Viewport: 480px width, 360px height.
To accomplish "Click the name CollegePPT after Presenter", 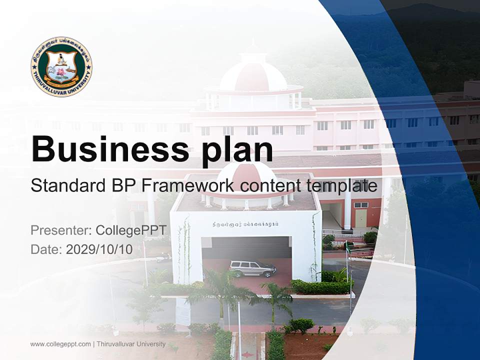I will (x=130, y=230).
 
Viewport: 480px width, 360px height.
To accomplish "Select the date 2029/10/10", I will (x=99, y=249).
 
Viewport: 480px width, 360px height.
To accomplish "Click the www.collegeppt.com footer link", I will (x=60, y=344).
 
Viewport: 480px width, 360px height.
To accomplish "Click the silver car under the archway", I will (x=252, y=268).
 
